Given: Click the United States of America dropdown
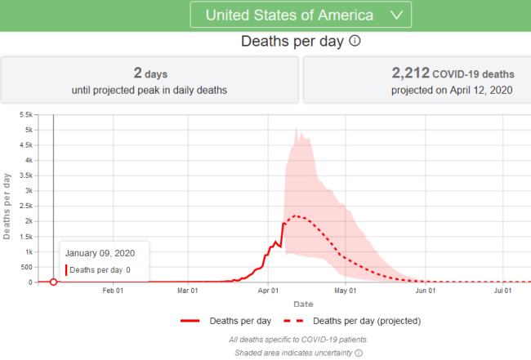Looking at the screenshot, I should coord(300,15).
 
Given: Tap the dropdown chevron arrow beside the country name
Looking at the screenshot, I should coord(397,15).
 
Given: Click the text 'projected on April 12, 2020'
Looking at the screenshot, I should coord(417,89).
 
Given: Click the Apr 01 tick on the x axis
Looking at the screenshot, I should coord(268,290).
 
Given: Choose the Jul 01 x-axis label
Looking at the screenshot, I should coord(503,290).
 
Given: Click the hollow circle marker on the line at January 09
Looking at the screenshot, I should coord(53,282).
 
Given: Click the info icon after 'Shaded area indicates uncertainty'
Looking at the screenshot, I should coord(358,353).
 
